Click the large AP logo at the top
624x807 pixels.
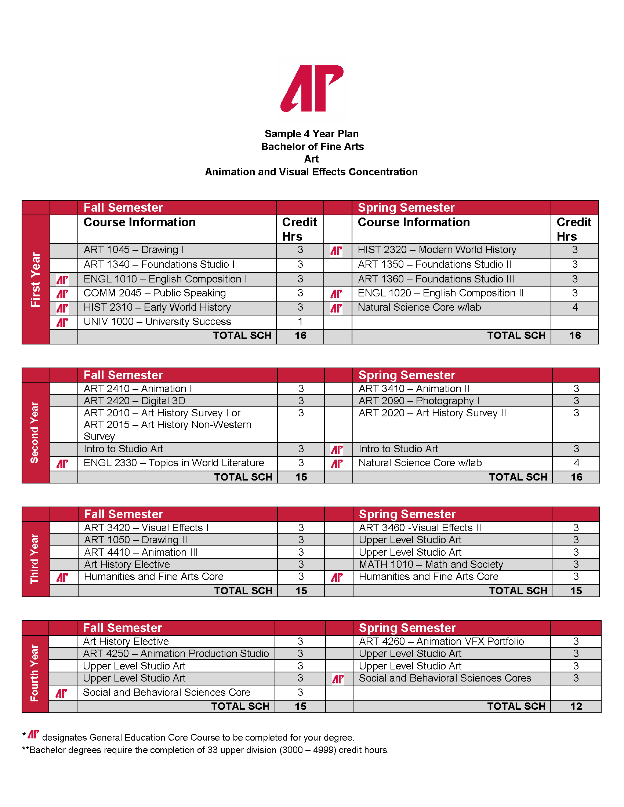pyautogui.click(x=312, y=89)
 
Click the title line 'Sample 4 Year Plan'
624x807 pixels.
pyautogui.click(x=312, y=134)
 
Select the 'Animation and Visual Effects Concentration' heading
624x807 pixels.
pyautogui.click(x=311, y=172)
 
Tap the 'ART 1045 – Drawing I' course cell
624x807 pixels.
pyautogui.click(x=134, y=250)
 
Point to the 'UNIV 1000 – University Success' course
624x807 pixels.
pyautogui.click(x=157, y=322)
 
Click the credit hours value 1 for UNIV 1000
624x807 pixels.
pyautogui.click(x=300, y=322)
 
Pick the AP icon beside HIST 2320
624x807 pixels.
pyautogui.click(x=336, y=251)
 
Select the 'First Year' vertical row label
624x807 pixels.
pyautogui.click(x=36, y=280)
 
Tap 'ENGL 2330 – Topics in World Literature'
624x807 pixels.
pyautogui.click(x=174, y=463)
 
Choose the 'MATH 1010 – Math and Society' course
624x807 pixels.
pyautogui.click(x=431, y=565)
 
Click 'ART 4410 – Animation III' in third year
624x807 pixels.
pyautogui.click(x=141, y=552)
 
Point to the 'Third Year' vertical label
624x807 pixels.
pyautogui.click(x=35, y=559)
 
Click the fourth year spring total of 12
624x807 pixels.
pyautogui.click(x=576, y=706)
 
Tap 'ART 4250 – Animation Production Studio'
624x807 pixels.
pyautogui.click(x=175, y=654)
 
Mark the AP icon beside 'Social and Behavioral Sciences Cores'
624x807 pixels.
pyautogui.click(x=338, y=679)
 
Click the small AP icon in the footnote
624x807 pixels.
pyautogui.click(x=34, y=734)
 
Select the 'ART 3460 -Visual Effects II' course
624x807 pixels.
pyautogui.click(x=420, y=527)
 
